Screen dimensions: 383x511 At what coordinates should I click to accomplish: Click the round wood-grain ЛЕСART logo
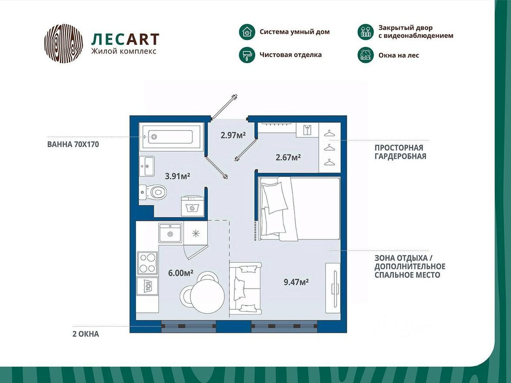[64, 44]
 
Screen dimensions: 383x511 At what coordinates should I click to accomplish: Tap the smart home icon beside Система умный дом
[247, 32]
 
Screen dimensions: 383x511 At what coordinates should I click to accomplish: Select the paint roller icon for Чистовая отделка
[247, 55]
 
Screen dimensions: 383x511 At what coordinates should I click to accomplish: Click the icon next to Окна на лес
[365, 55]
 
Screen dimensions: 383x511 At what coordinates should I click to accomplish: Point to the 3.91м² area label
[177, 176]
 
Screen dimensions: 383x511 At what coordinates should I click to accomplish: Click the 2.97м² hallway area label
[233, 135]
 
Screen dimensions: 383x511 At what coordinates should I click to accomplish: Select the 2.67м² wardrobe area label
[288, 157]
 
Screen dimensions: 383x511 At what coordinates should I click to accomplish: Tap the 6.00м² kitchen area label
[181, 273]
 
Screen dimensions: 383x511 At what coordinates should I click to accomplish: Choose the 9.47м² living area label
[296, 282]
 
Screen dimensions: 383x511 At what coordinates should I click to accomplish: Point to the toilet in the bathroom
[153, 191]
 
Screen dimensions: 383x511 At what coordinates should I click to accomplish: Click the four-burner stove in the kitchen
[147, 263]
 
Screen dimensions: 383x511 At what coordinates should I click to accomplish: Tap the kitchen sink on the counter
[170, 233]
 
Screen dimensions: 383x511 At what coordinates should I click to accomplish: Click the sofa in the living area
[245, 288]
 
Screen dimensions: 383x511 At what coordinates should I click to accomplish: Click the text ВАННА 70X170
[73, 144]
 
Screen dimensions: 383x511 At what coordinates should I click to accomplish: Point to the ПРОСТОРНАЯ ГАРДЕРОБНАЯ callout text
[400, 152]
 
